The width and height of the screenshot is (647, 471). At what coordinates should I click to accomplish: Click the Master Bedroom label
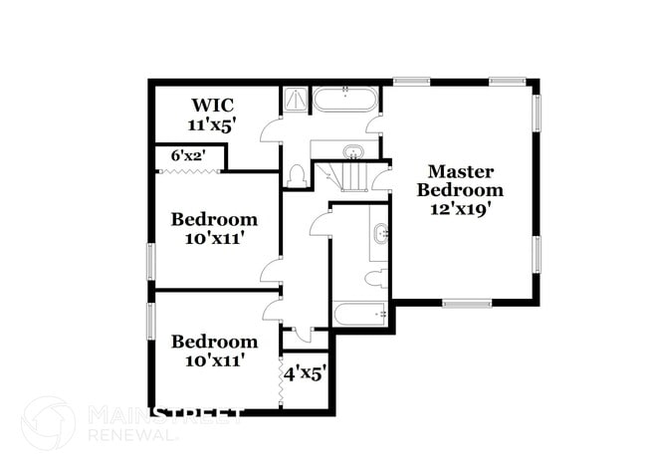point(460,179)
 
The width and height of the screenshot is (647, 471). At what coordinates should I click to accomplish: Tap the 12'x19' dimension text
point(460,209)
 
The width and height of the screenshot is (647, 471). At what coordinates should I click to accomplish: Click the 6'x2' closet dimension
point(188,155)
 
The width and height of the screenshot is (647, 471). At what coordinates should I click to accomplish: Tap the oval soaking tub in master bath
point(344,101)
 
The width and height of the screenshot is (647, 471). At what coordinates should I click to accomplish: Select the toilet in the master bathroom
point(295,175)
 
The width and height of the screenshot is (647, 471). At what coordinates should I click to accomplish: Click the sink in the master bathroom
point(353,152)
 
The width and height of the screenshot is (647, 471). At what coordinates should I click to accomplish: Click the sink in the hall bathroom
point(381,235)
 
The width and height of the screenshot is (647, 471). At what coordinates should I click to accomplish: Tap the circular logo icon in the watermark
point(48,423)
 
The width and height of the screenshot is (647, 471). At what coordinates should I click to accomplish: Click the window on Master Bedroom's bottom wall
point(468,303)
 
